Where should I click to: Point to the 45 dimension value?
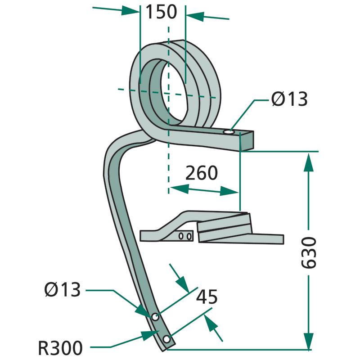(207, 297)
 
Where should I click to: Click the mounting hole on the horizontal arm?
(229, 132)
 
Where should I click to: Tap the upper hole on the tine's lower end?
(155, 317)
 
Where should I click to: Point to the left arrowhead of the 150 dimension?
(130, 11)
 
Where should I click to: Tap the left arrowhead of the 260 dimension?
(176, 188)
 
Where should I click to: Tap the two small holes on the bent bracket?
(185, 236)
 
